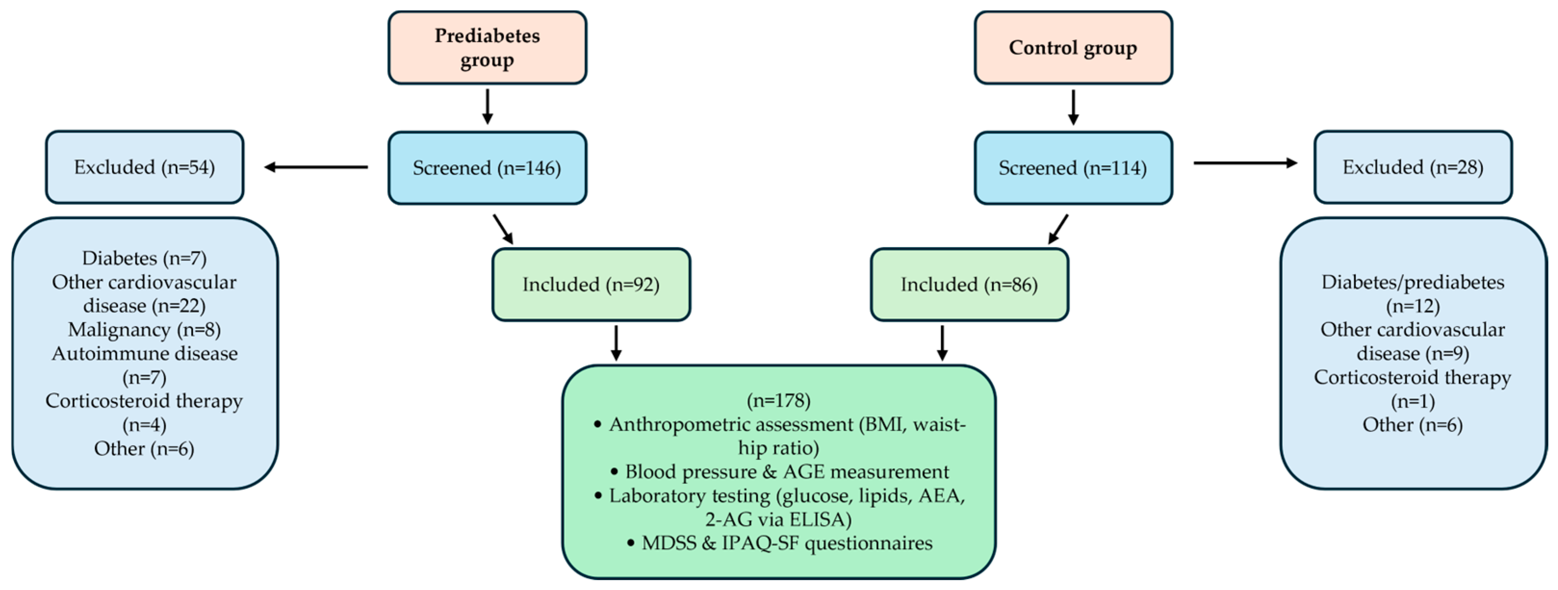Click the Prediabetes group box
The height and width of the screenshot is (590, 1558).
pyautogui.click(x=487, y=47)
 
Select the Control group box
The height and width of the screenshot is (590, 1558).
pyautogui.click(x=1073, y=47)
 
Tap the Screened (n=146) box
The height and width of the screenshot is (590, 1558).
pyautogui.click(x=487, y=167)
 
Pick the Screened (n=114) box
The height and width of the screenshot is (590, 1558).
pyautogui.click(x=1073, y=167)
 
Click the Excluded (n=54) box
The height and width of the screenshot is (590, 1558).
pyautogui.click(x=144, y=167)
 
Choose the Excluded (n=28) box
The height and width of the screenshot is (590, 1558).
pyautogui.click(x=1413, y=167)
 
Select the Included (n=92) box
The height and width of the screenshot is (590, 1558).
pyautogui.click(x=591, y=284)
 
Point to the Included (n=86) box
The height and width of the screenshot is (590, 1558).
pyautogui.click(x=969, y=284)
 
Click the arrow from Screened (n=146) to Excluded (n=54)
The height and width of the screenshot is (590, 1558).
pyautogui.click(x=316, y=167)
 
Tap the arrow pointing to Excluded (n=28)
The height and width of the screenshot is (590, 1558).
pyautogui.click(x=1245, y=163)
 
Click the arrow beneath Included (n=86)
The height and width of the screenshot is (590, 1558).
pyautogui.click(x=942, y=343)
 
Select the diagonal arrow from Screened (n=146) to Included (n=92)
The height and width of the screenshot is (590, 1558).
pyautogui.click(x=503, y=229)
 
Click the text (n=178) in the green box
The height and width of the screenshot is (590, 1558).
pyautogui.click(x=779, y=400)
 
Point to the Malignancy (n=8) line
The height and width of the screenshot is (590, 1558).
pyautogui.click(x=144, y=329)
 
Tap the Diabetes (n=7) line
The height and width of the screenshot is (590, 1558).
pyautogui.click(x=144, y=258)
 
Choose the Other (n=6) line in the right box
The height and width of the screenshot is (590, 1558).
pyautogui.click(x=1412, y=425)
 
